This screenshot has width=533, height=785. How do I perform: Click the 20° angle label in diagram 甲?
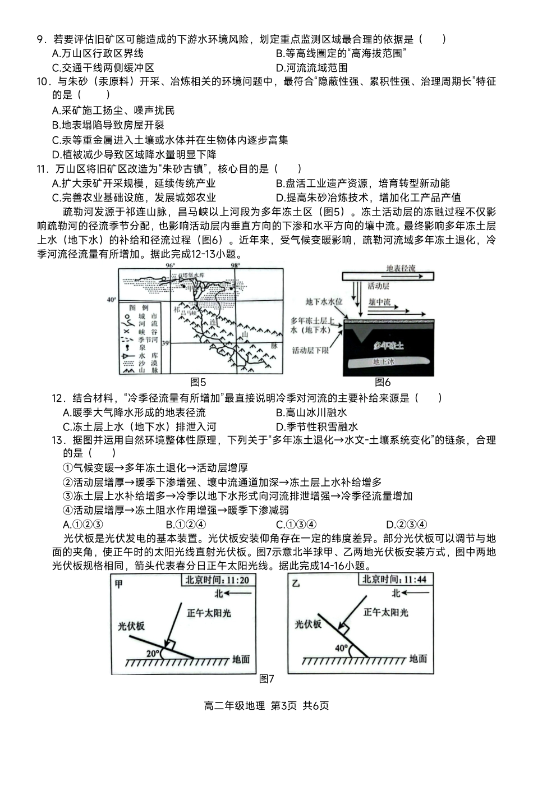pyautogui.click(x=153, y=653)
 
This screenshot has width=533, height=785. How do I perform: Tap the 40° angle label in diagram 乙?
pyautogui.click(x=341, y=648)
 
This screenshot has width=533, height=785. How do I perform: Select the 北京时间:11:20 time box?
pyautogui.click(x=218, y=580)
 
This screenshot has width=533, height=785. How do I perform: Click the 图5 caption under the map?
pyautogui.click(x=198, y=383)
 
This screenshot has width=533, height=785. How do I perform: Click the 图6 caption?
pyautogui.click(x=383, y=383)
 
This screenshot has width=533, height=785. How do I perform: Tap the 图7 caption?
pyautogui.click(x=266, y=679)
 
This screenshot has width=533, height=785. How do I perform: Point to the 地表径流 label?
pyautogui.click(x=401, y=269)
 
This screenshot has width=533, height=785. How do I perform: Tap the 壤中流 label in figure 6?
pyautogui.click(x=379, y=302)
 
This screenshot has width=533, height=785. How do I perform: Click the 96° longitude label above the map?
pyautogui.click(x=170, y=265)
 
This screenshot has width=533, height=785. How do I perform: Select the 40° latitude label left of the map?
pyautogui.click(x=112, y=300)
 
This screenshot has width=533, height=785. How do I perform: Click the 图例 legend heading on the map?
pyautogui.click(x=139, y=308)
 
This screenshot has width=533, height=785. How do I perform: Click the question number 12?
pyautogui.click(x=59, y=398)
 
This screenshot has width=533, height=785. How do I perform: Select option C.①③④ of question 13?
pyautogui.click(x=296, y=525)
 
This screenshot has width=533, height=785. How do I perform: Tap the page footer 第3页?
pyautogui.click(x=284, y=706)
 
